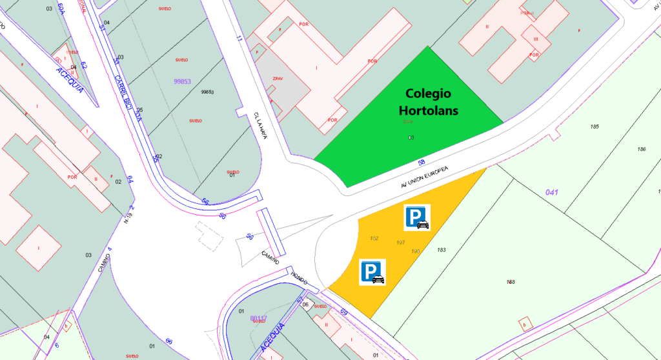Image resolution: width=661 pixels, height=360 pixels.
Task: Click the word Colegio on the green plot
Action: point(428,94)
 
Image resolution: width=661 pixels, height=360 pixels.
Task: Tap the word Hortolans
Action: point(428,111)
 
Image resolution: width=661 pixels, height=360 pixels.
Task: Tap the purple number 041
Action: point(551,192)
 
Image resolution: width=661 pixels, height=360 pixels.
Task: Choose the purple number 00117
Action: point(258,318)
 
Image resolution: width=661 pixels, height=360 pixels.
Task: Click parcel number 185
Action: point(595,126)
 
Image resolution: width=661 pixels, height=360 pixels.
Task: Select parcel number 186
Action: point(641,149)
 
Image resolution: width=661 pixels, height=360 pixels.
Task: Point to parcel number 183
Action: point(442,250)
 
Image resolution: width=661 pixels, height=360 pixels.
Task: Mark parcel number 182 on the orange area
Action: point(374,238)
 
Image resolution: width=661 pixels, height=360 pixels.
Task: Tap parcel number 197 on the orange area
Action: point(400,242)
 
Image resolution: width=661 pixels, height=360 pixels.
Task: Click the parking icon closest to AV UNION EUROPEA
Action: point(417,218)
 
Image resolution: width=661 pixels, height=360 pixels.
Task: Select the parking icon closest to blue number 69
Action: point(372,271)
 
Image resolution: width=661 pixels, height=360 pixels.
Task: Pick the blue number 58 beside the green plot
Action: point(421,161)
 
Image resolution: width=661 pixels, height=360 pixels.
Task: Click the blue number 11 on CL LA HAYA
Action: point(239,39)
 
